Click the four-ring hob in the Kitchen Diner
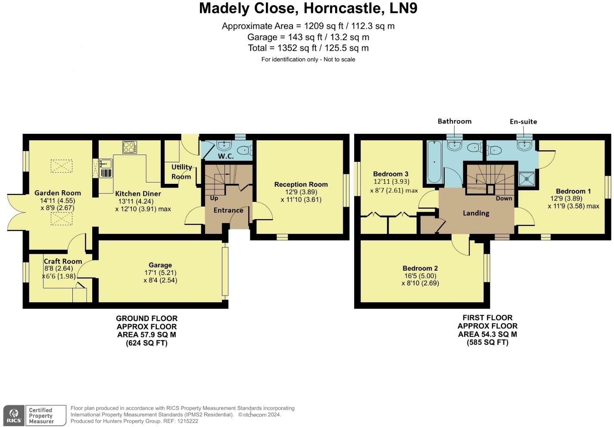pos(129,147)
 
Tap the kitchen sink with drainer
pos(106,168)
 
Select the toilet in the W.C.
pos(244,150)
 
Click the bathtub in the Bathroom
pos(434,162)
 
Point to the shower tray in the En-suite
pos(527,179)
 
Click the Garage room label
pos(160,265)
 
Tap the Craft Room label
pos(63,261)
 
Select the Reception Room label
pos(301,184)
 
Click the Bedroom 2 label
pos(420,268)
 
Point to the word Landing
pos(476,213)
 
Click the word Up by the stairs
pos(214,198)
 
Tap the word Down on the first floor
pos(504,198)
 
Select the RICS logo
pos(14,415)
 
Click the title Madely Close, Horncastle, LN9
pos(308,8)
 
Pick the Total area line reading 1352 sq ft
pos(308,48)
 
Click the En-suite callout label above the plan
pos(523,122)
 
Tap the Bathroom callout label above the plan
pos(455,121)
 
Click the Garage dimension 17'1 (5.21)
pos(160,272)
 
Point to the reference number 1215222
pos(187,421)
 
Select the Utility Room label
pos(181,172)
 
